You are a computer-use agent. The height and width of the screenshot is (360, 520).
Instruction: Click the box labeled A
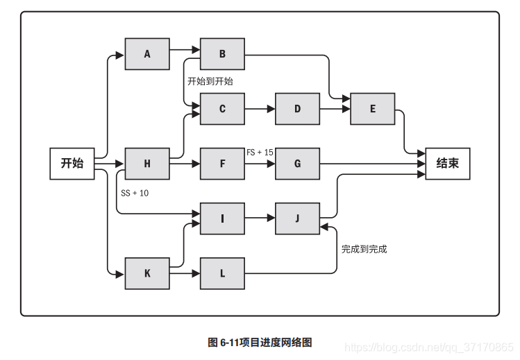pos(147,54)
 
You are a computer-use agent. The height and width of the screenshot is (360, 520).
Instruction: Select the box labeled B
pos(222,54)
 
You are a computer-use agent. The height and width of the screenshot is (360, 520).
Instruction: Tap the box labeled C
pos(222,109)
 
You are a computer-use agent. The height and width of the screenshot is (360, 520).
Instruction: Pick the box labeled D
pos(297,109)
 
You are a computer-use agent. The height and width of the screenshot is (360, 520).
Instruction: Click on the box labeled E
pos(372,109)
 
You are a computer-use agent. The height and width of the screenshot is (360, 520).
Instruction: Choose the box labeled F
pos(222,164)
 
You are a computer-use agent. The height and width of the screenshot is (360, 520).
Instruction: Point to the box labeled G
pos(297,164)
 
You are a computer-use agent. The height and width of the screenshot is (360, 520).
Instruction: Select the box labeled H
pos(147,164)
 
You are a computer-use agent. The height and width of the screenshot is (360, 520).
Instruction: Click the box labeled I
pos(222,218)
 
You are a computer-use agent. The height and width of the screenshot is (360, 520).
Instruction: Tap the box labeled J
pos(297,218)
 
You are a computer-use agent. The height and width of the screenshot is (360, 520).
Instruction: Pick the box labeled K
pos(147,273)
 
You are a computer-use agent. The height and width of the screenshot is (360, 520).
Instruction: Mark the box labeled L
pos(222,273)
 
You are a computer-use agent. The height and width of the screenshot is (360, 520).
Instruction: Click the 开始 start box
pos(72,164)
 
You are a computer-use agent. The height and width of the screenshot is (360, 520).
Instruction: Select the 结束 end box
pos(447,164)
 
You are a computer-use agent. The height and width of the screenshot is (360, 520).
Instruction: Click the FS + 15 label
pos(260,152)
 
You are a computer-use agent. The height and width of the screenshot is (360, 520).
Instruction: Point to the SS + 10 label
pos(134,193)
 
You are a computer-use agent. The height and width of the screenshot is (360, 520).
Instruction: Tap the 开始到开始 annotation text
pos(210,81)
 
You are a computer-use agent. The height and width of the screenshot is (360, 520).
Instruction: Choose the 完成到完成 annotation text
pos(364,248)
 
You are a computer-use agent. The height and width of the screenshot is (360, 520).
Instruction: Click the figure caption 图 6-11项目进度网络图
pos(260,342)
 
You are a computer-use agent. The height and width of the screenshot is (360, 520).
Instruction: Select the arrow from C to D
pos(260,109)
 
